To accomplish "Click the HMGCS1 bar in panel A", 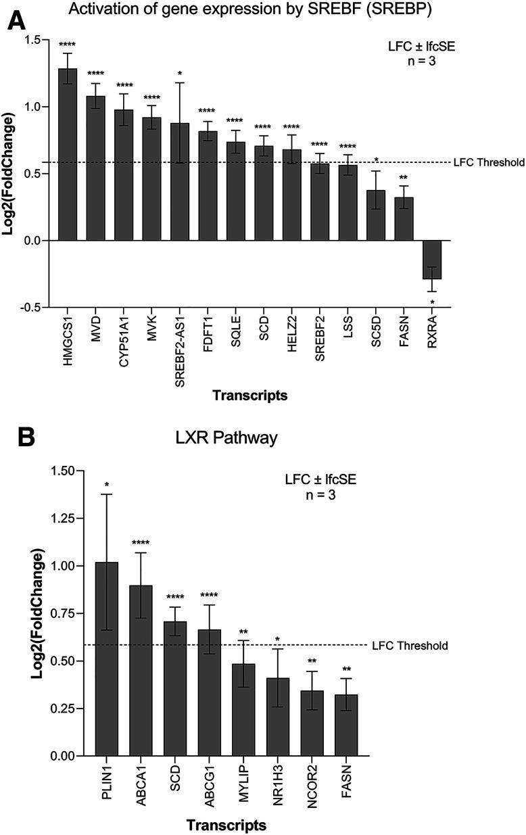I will point(68,155).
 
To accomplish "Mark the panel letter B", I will point(25,437).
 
